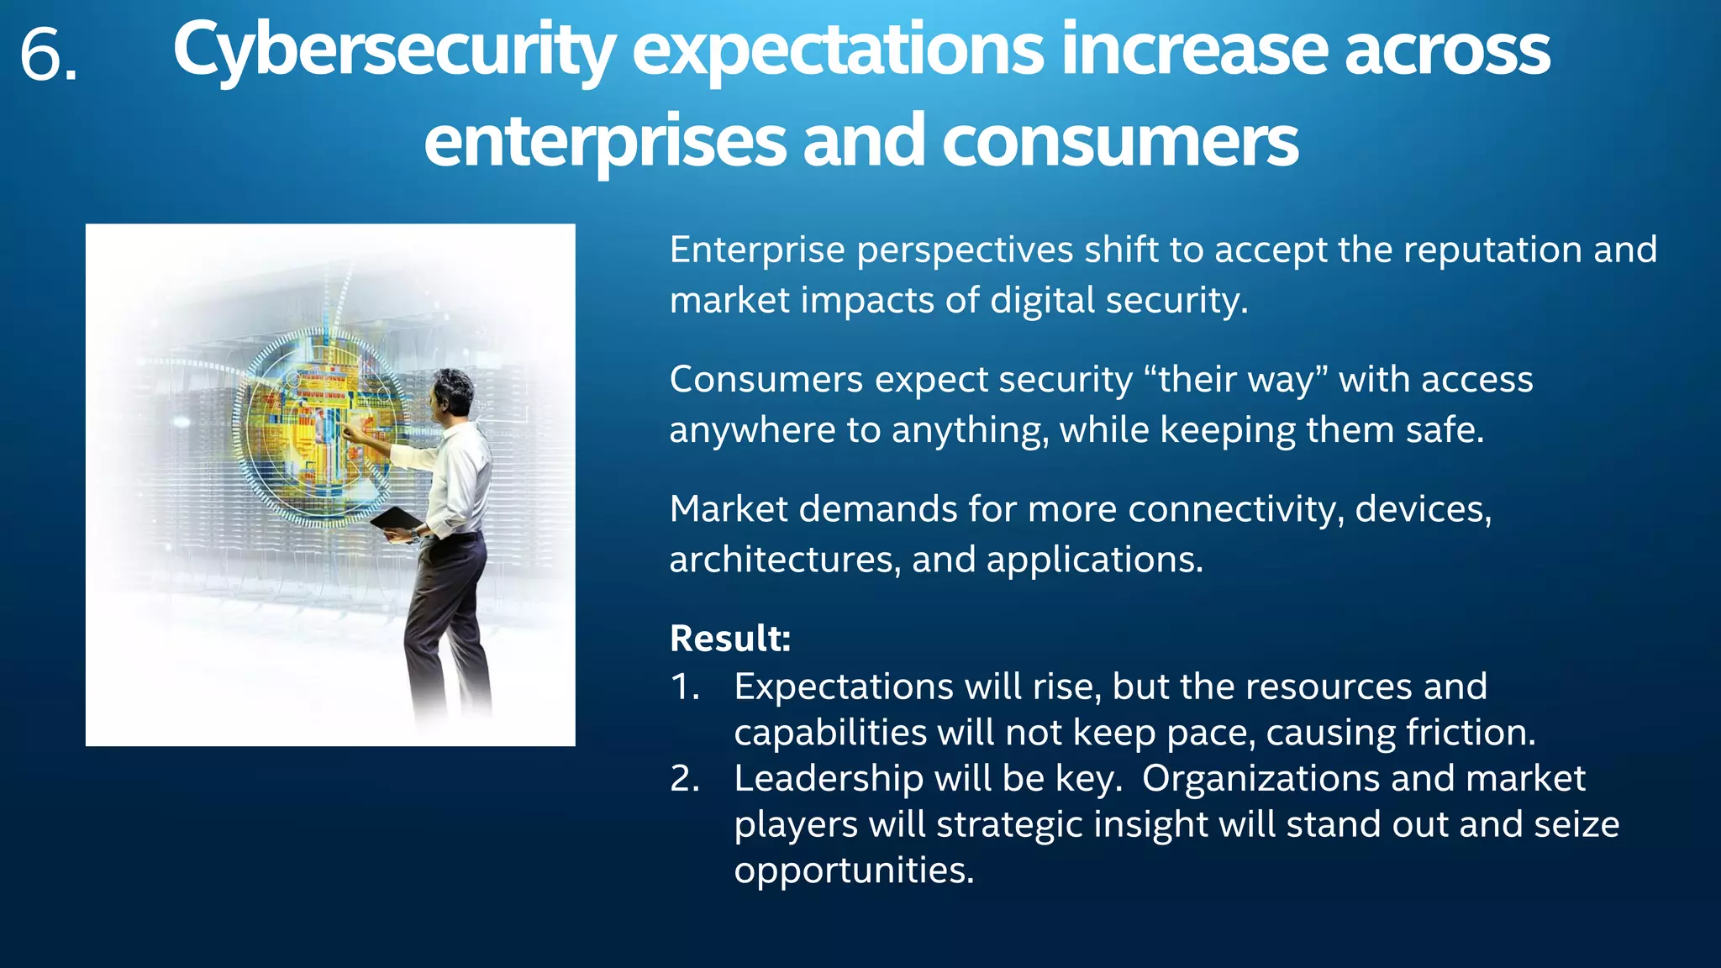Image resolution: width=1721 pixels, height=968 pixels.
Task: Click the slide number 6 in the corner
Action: (47, 55)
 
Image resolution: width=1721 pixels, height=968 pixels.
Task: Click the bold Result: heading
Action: (730, 639)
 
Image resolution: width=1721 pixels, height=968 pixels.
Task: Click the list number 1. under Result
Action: (685, 687)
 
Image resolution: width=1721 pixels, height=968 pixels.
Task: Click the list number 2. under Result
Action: (685, 779)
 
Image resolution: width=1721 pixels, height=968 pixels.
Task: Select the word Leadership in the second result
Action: (828, 779)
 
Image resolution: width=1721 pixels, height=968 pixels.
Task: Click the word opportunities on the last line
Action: (853, 871)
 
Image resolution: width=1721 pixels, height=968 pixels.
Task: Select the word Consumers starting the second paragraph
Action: (766, 380)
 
